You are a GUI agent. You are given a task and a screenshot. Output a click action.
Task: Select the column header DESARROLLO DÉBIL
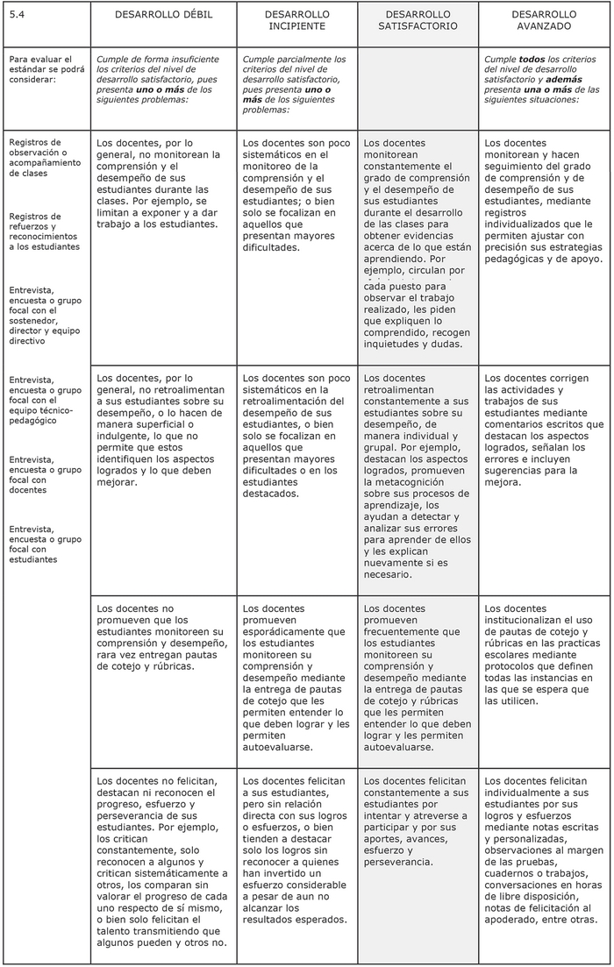click(164, 16)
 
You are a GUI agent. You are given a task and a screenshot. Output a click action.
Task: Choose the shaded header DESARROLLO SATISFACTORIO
click(418, 21)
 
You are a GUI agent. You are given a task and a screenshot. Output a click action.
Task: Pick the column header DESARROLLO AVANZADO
click(544, 21)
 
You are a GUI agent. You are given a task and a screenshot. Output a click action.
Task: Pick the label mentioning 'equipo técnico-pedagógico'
click(41, 400)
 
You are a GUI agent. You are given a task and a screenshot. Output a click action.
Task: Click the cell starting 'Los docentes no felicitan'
click(162, 861)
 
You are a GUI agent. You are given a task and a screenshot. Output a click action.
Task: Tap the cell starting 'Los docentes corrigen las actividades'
click(543, 430)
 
